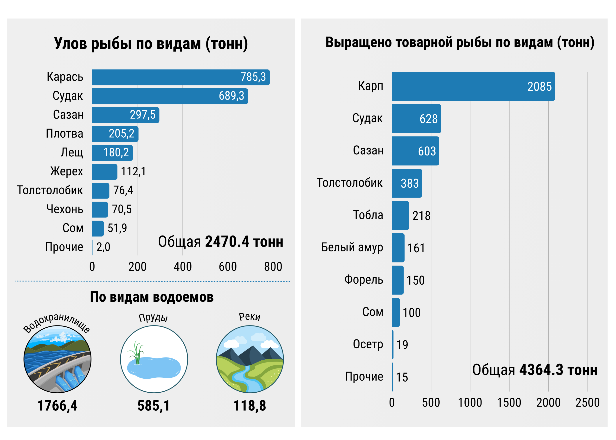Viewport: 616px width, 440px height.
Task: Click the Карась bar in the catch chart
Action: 180,77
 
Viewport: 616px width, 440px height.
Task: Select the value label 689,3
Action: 231,96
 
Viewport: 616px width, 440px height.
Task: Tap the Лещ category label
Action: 72,153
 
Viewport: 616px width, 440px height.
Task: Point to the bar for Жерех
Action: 105,172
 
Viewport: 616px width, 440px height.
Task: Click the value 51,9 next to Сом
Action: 117,228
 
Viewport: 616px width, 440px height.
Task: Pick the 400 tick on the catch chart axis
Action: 182,267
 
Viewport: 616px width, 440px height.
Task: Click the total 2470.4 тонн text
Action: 221,242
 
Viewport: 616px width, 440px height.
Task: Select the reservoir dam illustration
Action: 58,359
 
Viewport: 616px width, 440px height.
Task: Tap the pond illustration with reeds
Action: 154,359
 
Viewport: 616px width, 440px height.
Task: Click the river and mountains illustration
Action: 250,359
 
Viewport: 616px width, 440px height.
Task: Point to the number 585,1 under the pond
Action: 154,406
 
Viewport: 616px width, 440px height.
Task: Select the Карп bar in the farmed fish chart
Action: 473,86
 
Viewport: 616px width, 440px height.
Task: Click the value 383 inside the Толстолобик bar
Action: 410,183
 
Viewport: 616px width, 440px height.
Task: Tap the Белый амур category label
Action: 352,247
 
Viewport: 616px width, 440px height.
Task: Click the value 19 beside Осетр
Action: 402,345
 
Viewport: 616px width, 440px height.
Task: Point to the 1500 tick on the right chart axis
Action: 509,403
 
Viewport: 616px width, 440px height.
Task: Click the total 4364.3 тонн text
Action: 535,370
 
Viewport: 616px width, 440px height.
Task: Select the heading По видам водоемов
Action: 152,297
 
